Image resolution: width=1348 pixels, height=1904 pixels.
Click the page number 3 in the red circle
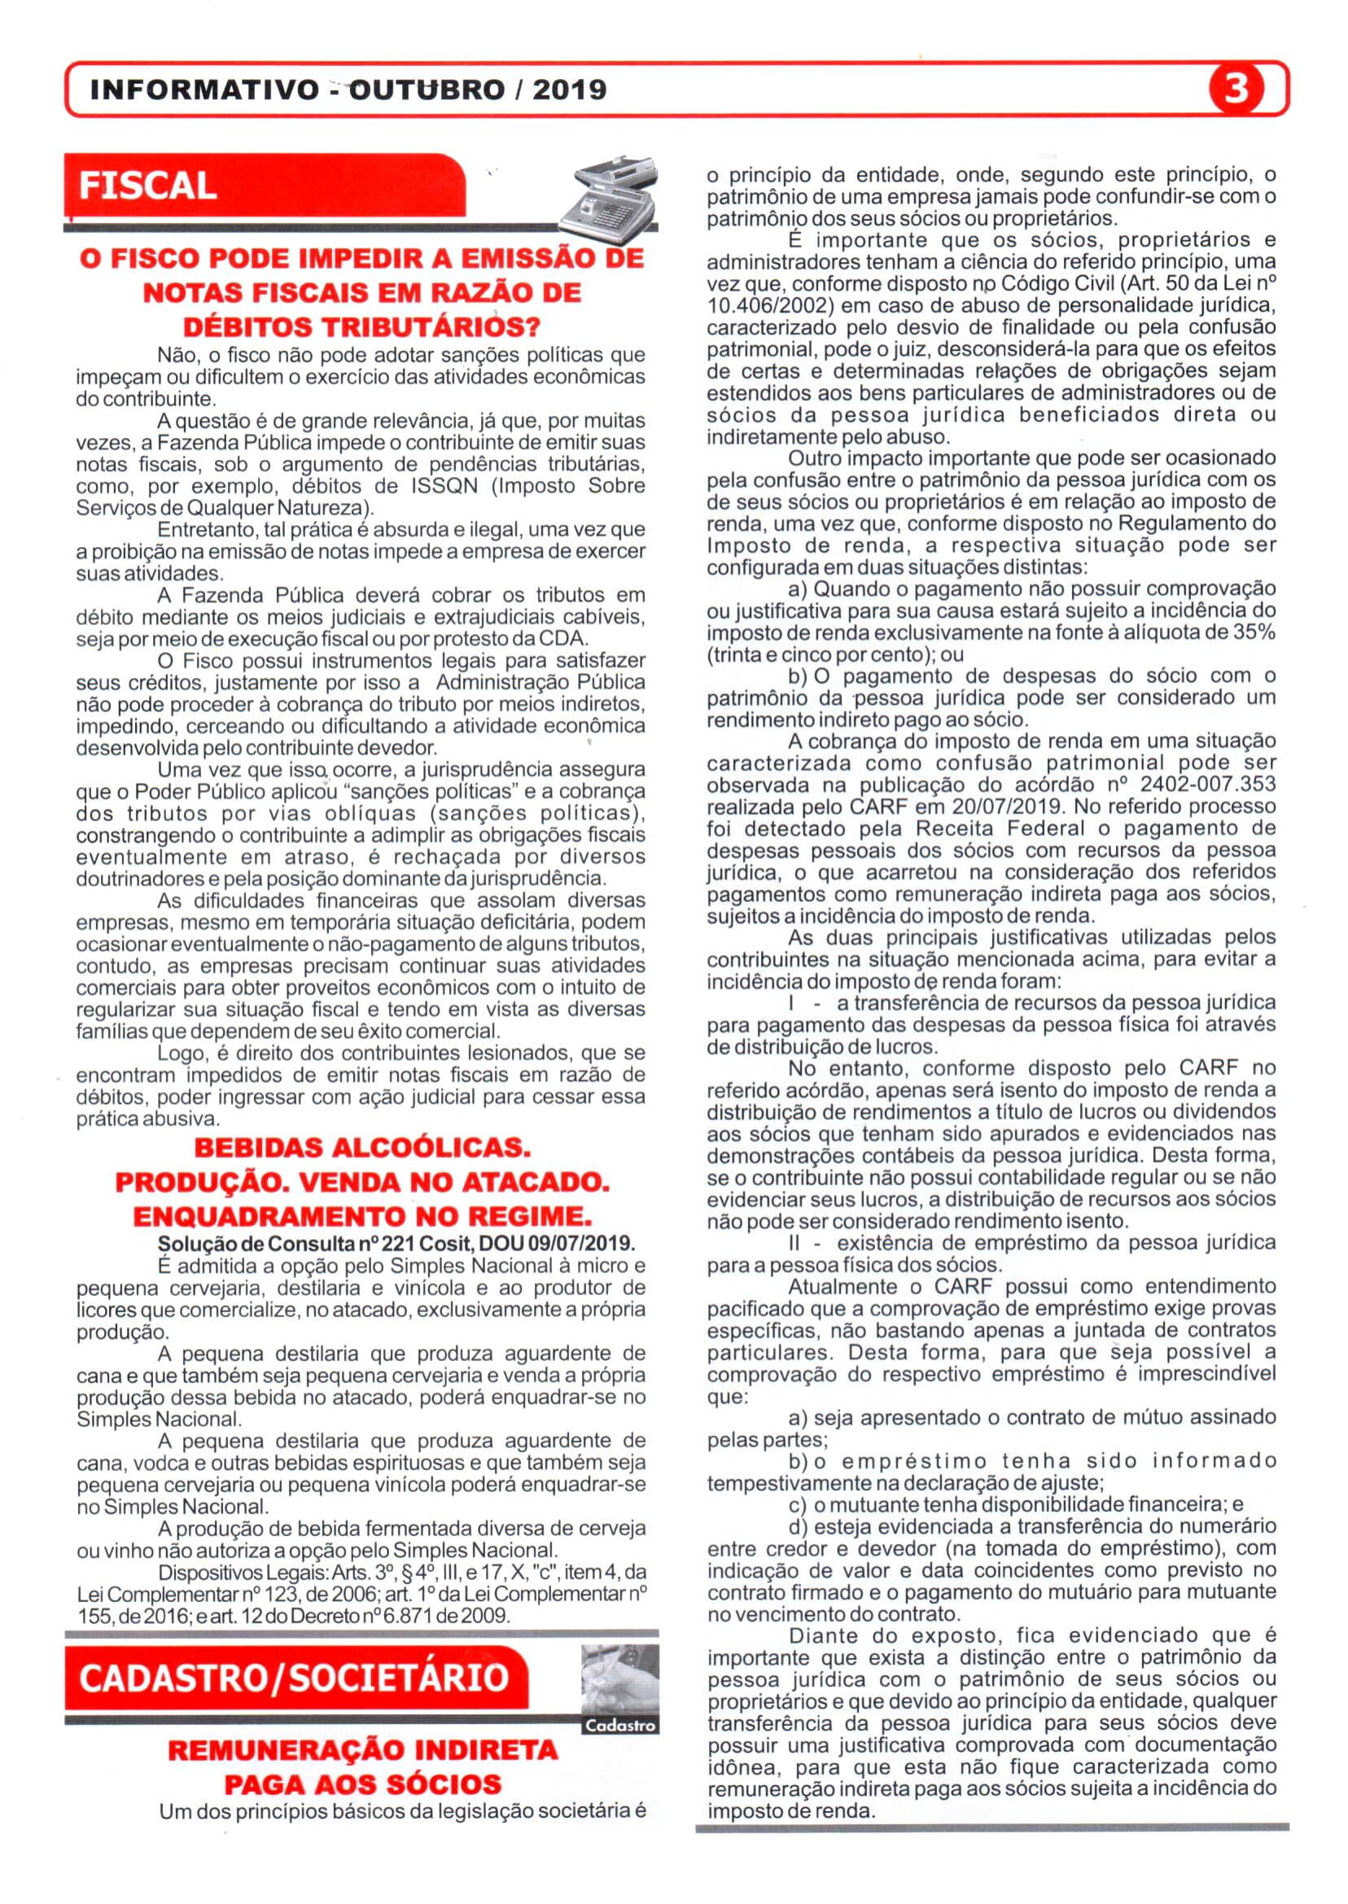coord(1236,90)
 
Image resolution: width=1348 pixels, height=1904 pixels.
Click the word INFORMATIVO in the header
coord(203,90)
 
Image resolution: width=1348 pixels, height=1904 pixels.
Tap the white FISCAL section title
coord(148,186)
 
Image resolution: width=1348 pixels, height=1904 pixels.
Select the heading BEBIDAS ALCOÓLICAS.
coord(361,1149)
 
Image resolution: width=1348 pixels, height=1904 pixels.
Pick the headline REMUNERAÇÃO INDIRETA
coord(363,1750)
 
